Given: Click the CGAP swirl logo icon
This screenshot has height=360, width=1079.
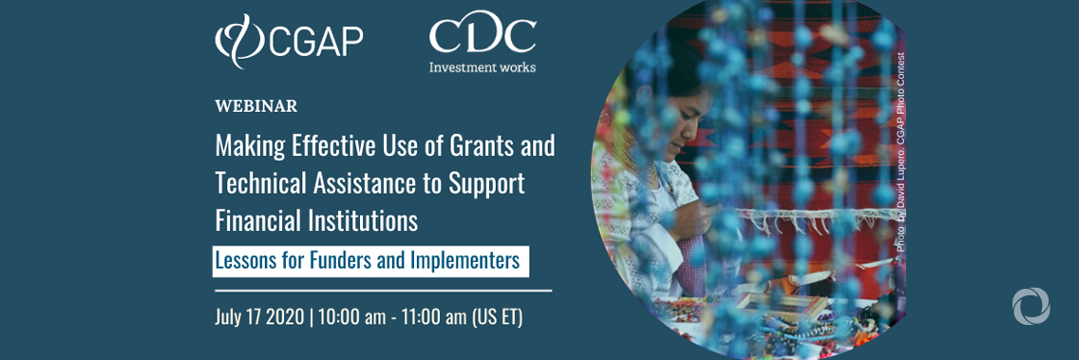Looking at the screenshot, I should [x=234, y=40].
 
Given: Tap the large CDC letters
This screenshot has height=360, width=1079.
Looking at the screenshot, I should [x=482, y=35].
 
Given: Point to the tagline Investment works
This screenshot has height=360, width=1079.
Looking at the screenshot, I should [x=482, y=67].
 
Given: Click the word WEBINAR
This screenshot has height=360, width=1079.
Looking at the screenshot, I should [x=256, y=105].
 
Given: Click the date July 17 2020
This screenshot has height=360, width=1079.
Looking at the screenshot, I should [x=258, y=316].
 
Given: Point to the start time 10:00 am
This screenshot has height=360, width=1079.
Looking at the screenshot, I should [x=351, y=316].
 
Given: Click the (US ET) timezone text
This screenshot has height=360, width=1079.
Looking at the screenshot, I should [x=498, y=316].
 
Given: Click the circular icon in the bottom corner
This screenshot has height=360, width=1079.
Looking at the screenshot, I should [x=1031, y=307].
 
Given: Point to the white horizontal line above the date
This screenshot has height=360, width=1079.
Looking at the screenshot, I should [x=383, y=290].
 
